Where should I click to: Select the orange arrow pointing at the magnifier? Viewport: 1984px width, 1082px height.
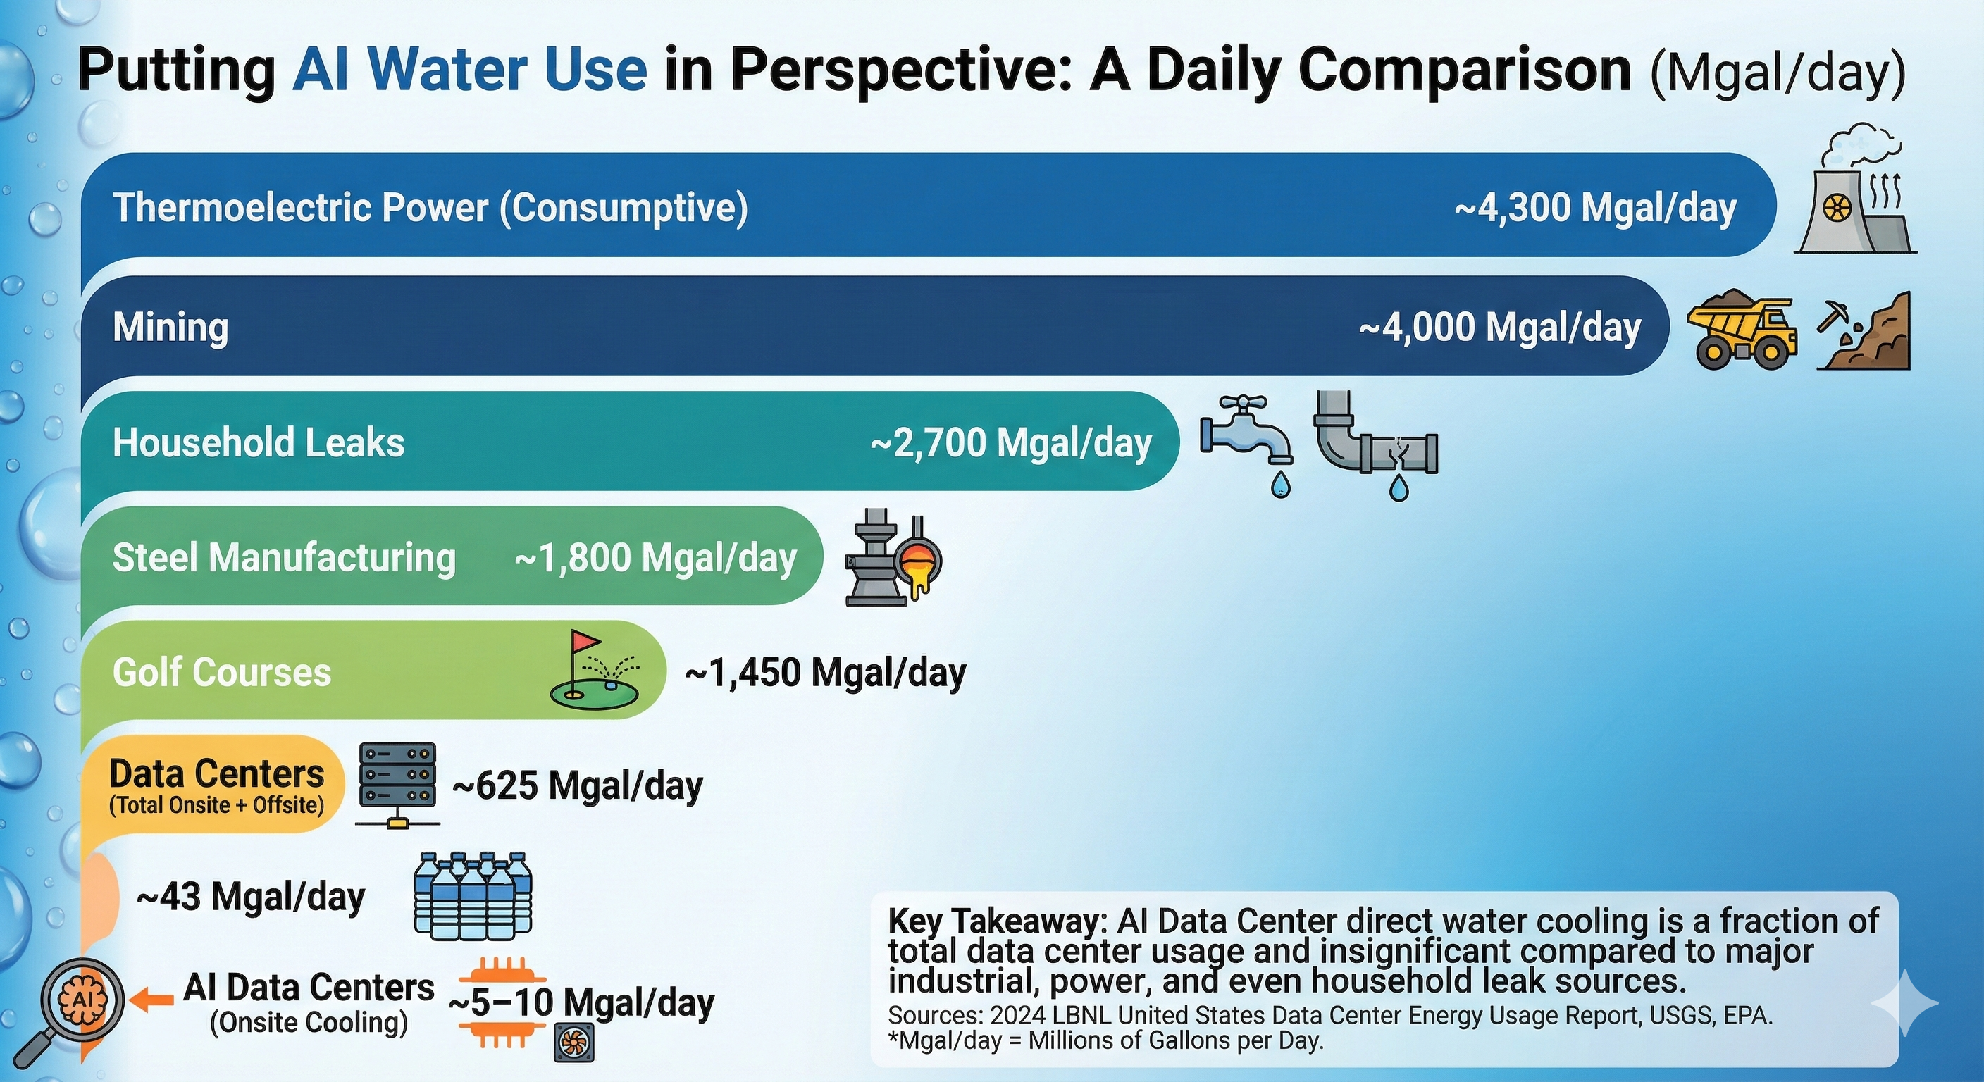[151, 1000]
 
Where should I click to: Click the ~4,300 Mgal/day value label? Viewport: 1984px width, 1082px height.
[1595, 208]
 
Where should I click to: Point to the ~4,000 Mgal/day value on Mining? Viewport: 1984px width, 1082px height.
[1499, 328]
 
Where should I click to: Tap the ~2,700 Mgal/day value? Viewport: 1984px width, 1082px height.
[1010, 443]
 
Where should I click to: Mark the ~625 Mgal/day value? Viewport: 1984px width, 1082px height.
[578, 786]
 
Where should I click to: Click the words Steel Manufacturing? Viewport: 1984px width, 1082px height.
[284, 558]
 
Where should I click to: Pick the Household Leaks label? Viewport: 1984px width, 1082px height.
[258, 443]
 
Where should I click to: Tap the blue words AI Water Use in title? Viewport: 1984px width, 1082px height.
[470, 69]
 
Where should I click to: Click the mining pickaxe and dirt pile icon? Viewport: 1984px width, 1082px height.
[1864, 332]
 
